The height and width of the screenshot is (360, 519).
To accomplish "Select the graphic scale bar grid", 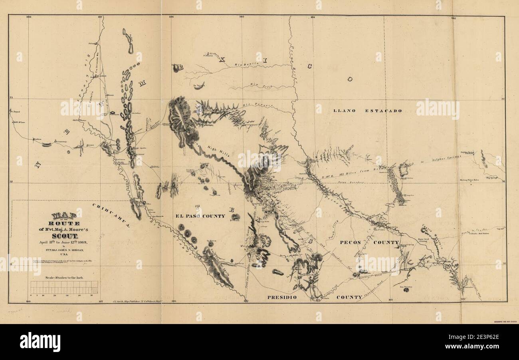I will pos(64,287).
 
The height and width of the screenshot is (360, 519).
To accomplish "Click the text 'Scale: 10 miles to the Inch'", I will pos(64,277).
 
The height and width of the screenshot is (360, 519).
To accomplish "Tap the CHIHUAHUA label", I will pos(111,215).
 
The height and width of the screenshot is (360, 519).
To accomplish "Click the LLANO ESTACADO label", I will pos(368,111).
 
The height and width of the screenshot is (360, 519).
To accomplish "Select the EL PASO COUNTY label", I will pos(200,216).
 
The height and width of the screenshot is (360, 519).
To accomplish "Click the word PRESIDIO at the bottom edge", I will pos(282,297).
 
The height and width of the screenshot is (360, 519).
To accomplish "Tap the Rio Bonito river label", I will pos(248,64).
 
